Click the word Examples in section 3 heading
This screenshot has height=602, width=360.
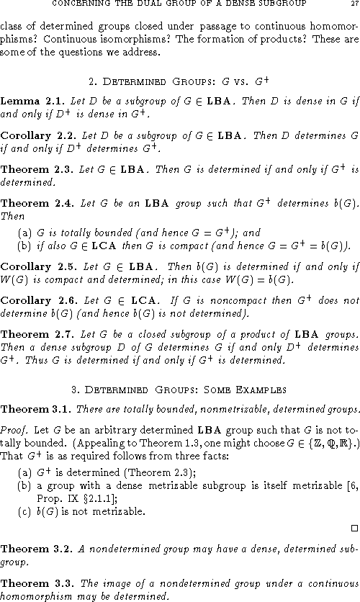point(264,390)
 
